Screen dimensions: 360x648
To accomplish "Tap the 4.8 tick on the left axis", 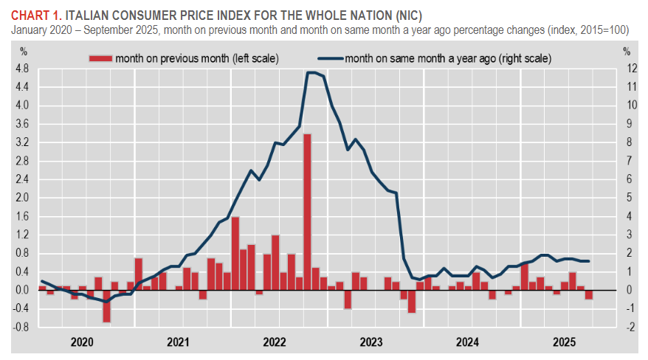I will pos(22,69).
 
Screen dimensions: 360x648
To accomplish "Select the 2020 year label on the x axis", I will pos(81,342).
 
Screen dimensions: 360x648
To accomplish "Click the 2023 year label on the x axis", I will pos(371,342).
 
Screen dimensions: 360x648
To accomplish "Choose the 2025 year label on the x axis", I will pos(565,342).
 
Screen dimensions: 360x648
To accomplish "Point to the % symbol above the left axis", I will pos(23,52).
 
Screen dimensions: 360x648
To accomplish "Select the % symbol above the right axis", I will pos(627,52).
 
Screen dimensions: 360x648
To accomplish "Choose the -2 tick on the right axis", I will pos(627,327).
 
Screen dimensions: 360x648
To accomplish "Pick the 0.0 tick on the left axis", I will pos(22,290).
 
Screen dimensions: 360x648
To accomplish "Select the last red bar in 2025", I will pos(589,294).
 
